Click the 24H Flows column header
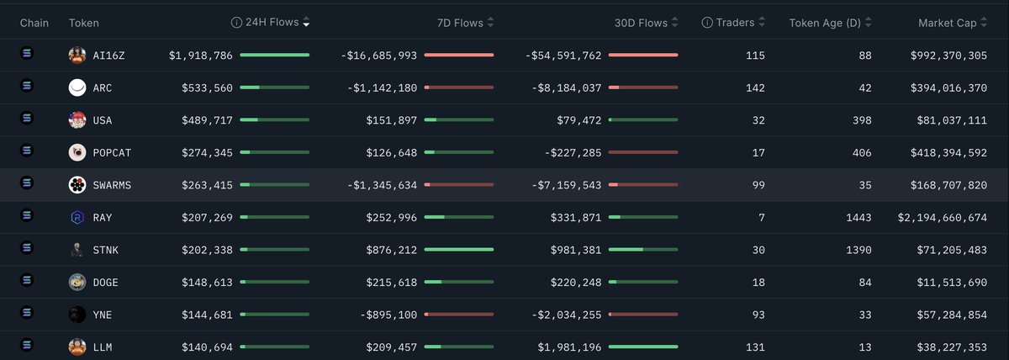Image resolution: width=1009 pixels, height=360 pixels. (x=272, y=23)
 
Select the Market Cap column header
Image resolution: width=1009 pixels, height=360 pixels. (x=947, y=24)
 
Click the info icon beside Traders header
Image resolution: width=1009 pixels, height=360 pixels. (x=707, y=24)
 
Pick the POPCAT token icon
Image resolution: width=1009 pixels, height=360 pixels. (x=77, y=152)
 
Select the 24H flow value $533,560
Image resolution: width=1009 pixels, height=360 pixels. (x=207, y=87)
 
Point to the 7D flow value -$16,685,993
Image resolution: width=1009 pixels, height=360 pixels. (x=378, y=56)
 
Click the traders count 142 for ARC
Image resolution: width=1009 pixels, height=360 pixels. (x=753, y=87)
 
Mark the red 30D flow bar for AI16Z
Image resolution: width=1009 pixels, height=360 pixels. (x=643, y=56)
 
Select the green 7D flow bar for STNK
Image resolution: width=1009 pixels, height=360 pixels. (x=459, y=249)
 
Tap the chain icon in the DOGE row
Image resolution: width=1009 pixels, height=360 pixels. (x=25, y=281)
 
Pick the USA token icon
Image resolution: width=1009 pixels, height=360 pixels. (x=77, y=120)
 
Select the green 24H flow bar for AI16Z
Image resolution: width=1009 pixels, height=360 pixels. (x=275, y=56)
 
